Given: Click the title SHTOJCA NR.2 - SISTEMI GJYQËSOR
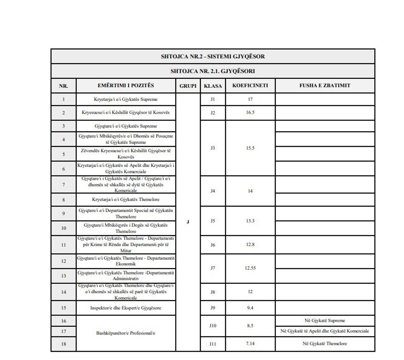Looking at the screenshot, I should (213, 56).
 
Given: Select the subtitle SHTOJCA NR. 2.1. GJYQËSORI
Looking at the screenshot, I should (213, 71).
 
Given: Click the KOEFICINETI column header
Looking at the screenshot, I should (250, 86).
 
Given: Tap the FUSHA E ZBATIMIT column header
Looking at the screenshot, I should (325, 86).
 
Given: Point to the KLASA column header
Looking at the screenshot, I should (213, 86).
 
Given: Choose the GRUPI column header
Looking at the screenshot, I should (188, 86).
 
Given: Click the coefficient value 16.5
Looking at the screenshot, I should (250, 113).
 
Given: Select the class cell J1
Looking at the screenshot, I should (213, 99).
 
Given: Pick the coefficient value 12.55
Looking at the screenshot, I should (250, 268).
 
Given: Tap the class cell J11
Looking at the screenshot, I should (213, 344).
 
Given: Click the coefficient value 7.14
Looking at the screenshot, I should (250, 344).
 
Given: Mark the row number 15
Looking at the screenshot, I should (63, 308).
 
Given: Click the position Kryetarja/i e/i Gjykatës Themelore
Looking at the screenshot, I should (126, 200).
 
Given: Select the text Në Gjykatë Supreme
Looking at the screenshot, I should (325, 320).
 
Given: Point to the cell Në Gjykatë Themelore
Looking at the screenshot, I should (325, 344).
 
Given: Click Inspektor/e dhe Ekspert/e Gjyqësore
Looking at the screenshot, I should (126, 308).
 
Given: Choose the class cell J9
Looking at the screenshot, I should (213, 308).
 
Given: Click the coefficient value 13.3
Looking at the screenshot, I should (250, 221).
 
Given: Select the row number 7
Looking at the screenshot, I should (63, 185).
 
